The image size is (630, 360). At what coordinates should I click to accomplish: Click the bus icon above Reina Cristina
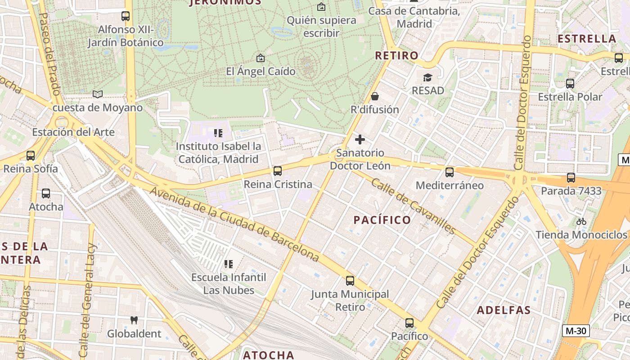(x=278, y=171)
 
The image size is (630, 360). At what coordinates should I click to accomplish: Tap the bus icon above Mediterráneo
(x=449, y=172)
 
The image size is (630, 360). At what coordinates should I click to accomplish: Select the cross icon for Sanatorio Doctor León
(x=360, y=139)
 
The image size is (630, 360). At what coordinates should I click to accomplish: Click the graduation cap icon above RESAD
(x=427, y=77)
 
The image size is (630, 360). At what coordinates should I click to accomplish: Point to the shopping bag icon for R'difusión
(x=374, y=96)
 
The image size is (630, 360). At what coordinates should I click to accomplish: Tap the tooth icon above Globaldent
(x=134, y=320)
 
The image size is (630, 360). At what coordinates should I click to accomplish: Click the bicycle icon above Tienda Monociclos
(x=581, y=221)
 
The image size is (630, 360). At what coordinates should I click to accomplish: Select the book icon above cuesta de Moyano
(x=97, y=94)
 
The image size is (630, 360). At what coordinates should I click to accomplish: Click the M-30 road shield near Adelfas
(x=576, y=331)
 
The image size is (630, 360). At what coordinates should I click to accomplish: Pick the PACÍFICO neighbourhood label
(x=382, y=220)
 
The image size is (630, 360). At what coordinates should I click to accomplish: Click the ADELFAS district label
(x=504, y=310)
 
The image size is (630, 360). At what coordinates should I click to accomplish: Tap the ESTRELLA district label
(x=587, y=39)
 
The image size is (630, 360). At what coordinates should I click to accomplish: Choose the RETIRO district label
(x=396, y=56)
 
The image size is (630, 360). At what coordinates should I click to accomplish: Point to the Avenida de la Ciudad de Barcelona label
(x=234, y=224)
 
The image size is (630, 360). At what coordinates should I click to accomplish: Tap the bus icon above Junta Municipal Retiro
(x=350, y=281)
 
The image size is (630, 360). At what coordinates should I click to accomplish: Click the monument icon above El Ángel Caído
(x=260, y=58)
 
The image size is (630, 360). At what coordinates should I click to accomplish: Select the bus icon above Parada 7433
(x=571, y=178)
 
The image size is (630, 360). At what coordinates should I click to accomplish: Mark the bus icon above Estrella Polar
(x=570, y=84)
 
